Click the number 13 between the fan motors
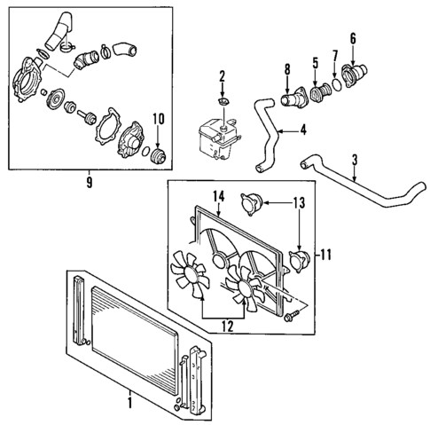(x=299, y=204)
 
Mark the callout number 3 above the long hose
(x=355, y=161)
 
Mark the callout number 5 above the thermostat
(x=314, y=63)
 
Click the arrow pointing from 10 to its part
(x=160, y=133)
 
